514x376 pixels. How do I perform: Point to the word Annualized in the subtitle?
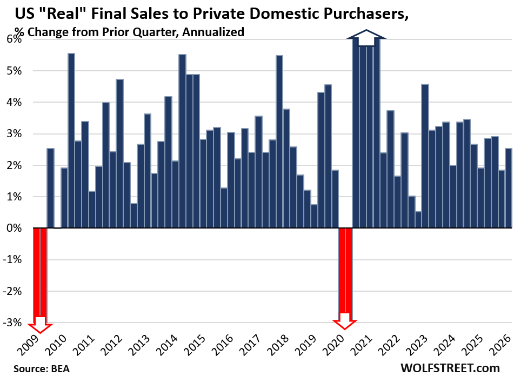[213, 32]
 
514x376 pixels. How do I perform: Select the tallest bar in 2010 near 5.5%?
[71, 140]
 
